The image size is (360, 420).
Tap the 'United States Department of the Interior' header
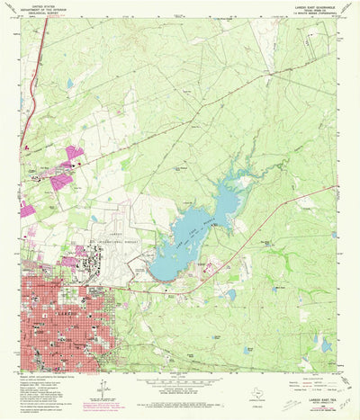click(44, 8)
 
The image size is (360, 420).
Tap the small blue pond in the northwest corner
click(68, 84)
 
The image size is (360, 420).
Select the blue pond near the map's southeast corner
click(325, 344)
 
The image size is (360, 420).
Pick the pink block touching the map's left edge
click(25, 211)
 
